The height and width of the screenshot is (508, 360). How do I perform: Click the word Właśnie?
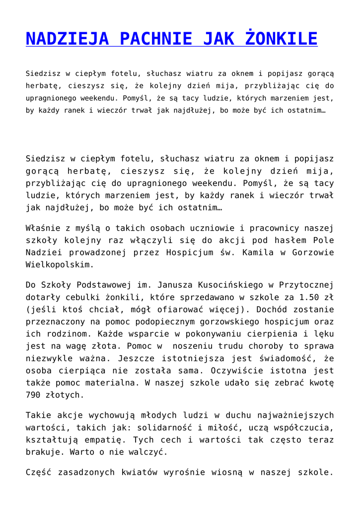coord(42,229)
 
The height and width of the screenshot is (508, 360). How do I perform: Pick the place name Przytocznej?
coord(306,285)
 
